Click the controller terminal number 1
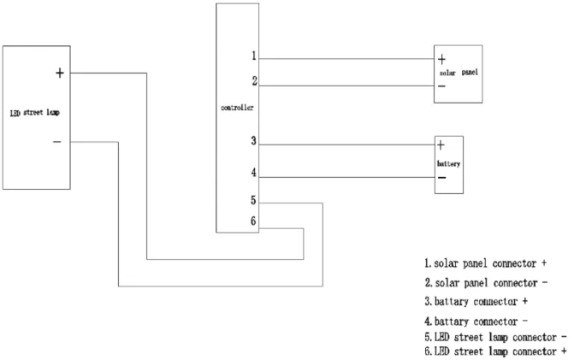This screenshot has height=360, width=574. pyautogui.click(x=253, y=56)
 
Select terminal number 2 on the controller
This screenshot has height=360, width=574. pyautogui.click(x=253, y=81)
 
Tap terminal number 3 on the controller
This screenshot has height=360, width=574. pyautogui.click(x=253, y=141)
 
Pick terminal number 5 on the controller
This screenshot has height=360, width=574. pyautogui.click(x=253, y=202)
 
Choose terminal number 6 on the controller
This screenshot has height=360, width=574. pyautogui.click(x=253, y=221)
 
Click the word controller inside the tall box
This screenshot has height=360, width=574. pyautogui.click(x=237, y=110)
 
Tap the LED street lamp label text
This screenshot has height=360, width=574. pyautogui.click(x=34, y=111)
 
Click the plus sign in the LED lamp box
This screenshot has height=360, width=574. pyautogui.click(x=59, y=73)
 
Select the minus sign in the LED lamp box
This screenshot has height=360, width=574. pyautogui.click(x=56, y=141)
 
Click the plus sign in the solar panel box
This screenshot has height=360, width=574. pyautogui.click(x=441, y=60)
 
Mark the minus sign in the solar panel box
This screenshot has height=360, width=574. pyautogui.click(x=441, y=86)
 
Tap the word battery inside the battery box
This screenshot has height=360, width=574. pyautogui.click(x=449, y=162)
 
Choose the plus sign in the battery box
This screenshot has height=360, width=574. pyautogui.click(x=441, y=145)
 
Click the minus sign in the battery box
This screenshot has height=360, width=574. pyautogui.click(x=441, y=178)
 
